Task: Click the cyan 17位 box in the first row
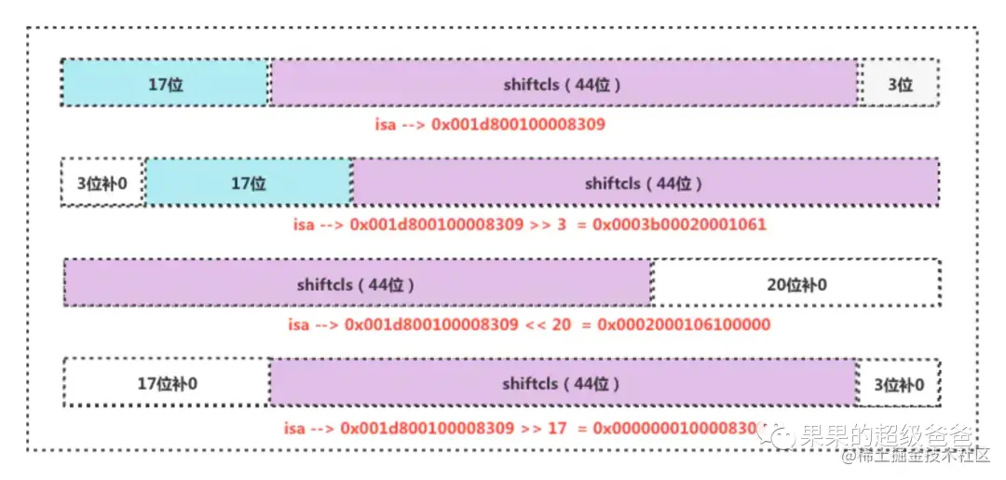coord(165,84)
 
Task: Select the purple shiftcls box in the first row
coord(563,84)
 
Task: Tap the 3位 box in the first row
coord(899,84)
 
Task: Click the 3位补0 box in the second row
coord(102,183)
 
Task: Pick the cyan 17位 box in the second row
coord(249,183)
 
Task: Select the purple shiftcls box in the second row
coord(645,183)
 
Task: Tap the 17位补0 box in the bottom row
coord(167,383)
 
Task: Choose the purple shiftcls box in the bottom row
coord(562,383)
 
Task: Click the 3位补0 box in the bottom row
coord(898,383)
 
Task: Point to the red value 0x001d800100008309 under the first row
coord(519,122)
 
